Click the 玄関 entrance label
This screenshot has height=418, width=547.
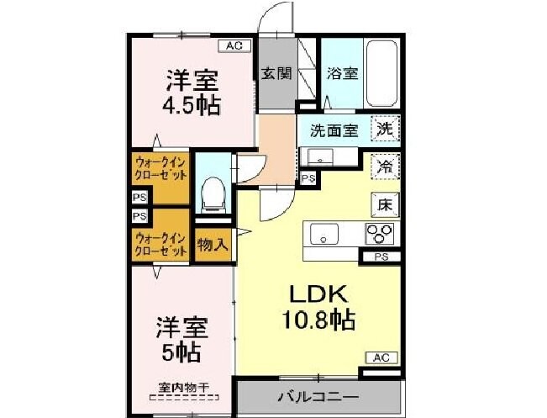tap(276, 73)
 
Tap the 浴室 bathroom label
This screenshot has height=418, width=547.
tap(342, 73)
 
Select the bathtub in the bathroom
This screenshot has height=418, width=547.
tap(382, 74)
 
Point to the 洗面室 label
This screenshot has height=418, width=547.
tap(334, 130)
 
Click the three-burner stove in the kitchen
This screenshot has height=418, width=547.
tap(379, 234)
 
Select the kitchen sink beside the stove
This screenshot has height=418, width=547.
tap(324, 233)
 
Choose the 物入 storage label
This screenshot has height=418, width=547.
tap(213, 246)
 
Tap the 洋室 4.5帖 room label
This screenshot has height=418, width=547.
tap(192, 93)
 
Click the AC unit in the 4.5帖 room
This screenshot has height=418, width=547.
tap(235, 46)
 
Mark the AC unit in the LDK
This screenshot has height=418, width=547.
tap(381, 357)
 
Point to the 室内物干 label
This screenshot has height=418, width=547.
tap(184, 388)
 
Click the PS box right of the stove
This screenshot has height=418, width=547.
tap(381, 257)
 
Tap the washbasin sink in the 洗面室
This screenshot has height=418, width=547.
tap(320, 156)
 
